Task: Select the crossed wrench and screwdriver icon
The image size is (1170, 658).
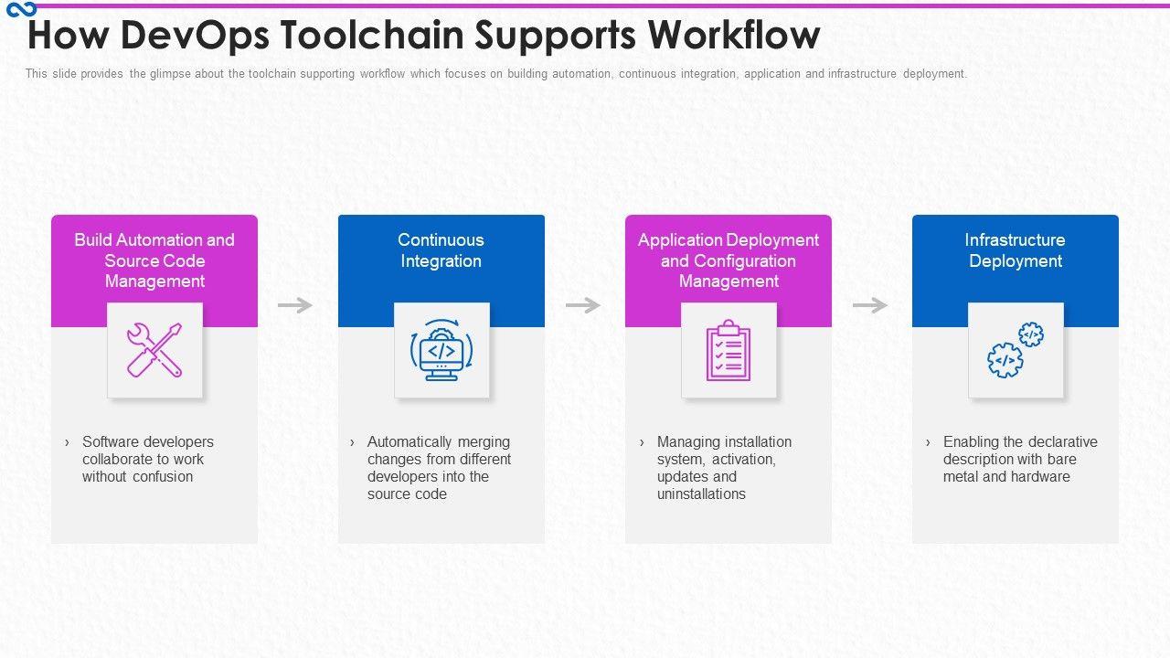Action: [x=154, y=350]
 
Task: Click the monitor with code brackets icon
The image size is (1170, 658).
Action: [x=441, y=350]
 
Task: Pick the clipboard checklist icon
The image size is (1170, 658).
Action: [x=729, y=350]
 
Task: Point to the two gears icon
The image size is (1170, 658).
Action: [x=1016, y=350]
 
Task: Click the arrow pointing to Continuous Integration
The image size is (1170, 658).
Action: [x=295, y=305]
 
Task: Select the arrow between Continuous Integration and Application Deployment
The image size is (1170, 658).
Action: [x=583, y=305]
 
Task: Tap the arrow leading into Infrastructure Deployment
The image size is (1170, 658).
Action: [x=870, y=305]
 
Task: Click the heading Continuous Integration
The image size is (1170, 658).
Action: [x=441, y=250]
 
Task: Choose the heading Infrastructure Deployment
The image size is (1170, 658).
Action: [x=1015, y=250]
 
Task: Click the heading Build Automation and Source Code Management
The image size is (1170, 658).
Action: [x=154, y=260]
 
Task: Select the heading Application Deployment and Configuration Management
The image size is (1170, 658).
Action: [x=729, y=260]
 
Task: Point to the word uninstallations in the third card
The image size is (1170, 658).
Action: [x=701, y=493]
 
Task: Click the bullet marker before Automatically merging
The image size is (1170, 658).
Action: [x=353, y=442]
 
